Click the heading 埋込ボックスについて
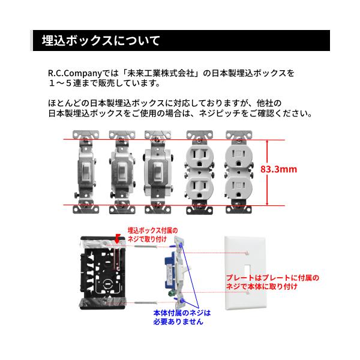coord(101,41)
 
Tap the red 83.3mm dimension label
coord(278,169)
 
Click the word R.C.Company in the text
coord(74,73)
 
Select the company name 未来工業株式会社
coord(161,73)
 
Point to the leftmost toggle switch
coord(86,172)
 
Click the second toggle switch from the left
coord(122,172)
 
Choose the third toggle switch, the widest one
coord(158,172)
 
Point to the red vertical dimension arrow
coord(267,173)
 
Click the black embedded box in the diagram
coord(103,273)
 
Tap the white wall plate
coord(245,273)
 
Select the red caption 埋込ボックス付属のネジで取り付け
coord(152,235)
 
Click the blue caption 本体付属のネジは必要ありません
coord(182,317)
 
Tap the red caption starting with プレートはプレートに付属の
coord(272,282)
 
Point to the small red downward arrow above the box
coord(118,239)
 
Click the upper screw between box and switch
coord(146,247)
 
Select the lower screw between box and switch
coord(146,303)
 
